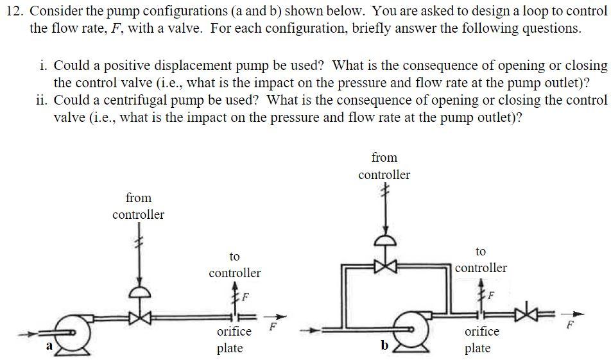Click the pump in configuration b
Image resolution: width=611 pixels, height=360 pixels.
coord(411,331)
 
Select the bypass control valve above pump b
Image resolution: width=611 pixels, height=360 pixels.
coord(384,265)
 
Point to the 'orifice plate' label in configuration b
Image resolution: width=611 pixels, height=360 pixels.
coord(481,340)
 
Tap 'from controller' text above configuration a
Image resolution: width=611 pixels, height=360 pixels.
coord(138,206)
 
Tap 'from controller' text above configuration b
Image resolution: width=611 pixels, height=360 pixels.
coord(384,166)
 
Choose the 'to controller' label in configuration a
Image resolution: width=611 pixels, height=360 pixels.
coord(234,264)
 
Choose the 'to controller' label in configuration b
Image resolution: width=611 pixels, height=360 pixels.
coord(481,260)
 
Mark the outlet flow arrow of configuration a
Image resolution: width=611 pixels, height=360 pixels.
coord(278,316)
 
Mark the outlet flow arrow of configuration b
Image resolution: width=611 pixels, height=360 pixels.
coord(578,314)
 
